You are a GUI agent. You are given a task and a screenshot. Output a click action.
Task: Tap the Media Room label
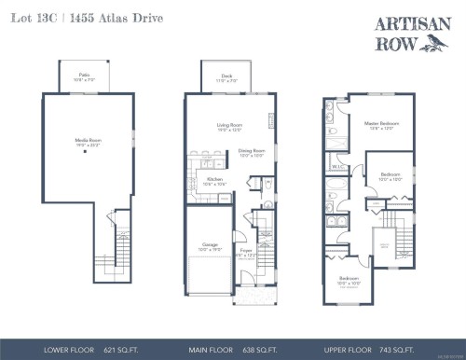pos(88,143)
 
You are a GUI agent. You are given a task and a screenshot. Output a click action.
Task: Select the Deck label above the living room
pos(226,77)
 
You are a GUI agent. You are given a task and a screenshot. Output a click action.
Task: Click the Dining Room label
pos(252,152)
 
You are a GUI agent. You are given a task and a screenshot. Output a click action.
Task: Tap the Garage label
pos(211,246)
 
